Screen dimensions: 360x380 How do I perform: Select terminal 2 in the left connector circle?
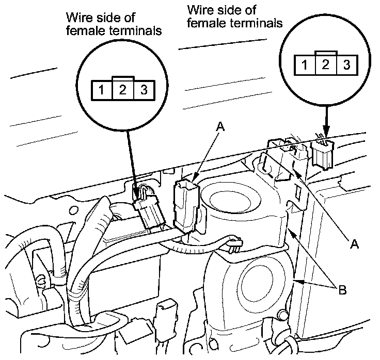pos(123,89)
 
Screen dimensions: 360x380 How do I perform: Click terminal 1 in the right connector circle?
pos(305,65)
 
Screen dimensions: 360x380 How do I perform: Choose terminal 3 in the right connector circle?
pos(346,65)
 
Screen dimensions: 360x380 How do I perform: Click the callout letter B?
pos(342,290)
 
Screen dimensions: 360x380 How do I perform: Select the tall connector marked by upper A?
pos(184,206)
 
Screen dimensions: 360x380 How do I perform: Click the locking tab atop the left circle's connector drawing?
pos(123,78)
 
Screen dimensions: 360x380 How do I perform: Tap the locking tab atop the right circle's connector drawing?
pos(325,54)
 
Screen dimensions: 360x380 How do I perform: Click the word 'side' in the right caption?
pos(227,10)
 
